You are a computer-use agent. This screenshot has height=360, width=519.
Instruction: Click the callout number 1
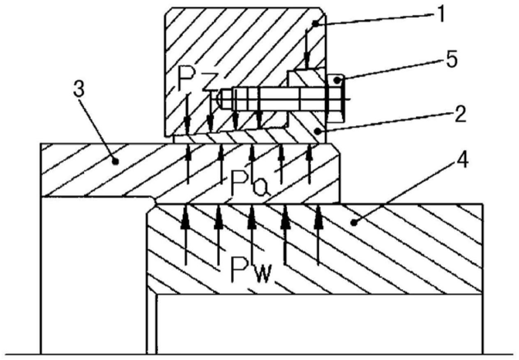click(x=441, y=14)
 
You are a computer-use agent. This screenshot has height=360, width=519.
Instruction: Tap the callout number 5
click(x=451, y=59)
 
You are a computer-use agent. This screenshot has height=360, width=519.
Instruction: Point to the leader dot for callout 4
click(x=353, y=223)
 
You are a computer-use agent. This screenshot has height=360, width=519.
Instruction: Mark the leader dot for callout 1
click(x=315, y=23)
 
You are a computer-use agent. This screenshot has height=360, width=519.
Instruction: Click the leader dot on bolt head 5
click(x=337, y=81)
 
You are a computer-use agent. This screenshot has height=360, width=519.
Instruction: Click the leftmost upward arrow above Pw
click(x=185, y=234)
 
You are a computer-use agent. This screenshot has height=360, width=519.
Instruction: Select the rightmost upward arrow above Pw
click(x=318, y=234)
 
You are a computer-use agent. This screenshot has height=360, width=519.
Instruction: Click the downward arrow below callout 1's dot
click(x=307, y=49)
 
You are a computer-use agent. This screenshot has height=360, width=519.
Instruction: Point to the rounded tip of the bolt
click(x=218, y=100)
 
